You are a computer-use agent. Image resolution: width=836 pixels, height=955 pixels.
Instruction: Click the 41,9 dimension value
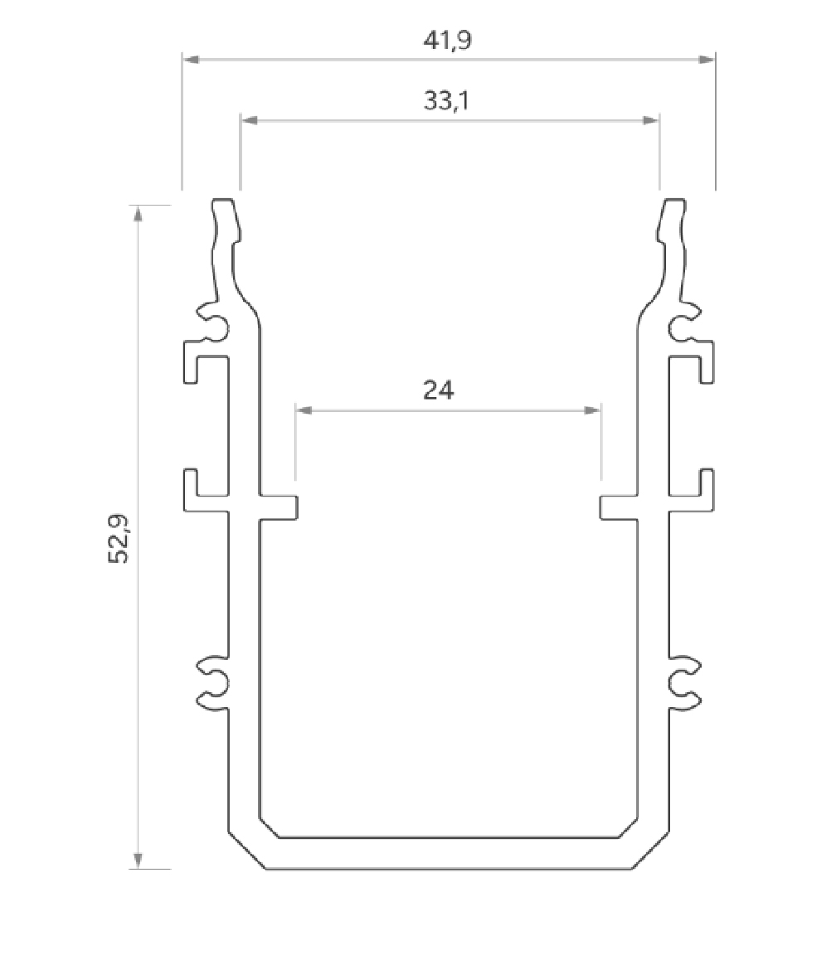[x=448, y=41]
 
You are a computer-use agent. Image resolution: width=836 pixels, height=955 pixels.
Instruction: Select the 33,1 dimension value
[x=448, y=101]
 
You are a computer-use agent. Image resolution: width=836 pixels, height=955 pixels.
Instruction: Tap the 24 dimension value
[x=439, y=390]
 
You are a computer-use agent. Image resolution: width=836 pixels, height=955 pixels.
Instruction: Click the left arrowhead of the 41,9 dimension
[x=191, y=60]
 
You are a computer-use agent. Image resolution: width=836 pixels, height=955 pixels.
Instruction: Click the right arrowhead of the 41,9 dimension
[x=706, y=60]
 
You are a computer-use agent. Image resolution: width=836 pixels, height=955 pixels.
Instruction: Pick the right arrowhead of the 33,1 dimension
[x=650, y=120]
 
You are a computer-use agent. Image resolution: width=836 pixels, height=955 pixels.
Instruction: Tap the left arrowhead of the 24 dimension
[x=304, y=410]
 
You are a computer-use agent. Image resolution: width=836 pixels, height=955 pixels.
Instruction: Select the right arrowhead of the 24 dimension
[x=593, y=410]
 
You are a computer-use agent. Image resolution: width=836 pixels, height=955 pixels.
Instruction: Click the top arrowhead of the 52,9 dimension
[x=139, y=213]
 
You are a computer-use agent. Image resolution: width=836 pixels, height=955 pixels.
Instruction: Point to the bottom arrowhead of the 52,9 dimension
[x=139, y=860]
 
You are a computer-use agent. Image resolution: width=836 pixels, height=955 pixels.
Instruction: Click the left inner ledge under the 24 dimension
[x=279, y=507]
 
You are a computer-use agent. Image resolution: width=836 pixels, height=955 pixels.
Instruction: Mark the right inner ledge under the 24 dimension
[x=619, y=507]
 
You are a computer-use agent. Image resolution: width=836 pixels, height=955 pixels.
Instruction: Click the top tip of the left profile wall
[x=222, y=201]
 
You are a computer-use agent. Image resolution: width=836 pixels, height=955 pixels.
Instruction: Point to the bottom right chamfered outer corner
[x=650, y=850]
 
